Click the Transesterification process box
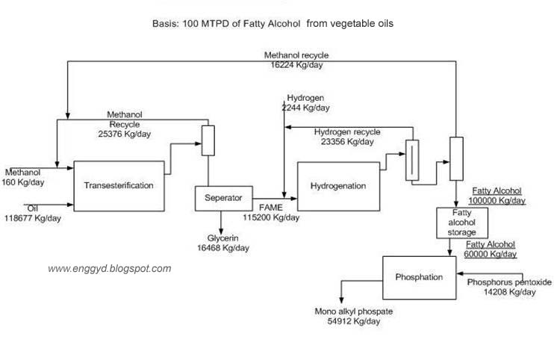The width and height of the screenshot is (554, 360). tap(119, 185)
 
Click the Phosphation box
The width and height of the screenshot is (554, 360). tap(418, 277)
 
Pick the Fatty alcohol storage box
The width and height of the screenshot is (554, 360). tap(461, 222)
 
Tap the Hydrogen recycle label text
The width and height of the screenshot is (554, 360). tap(346, 131)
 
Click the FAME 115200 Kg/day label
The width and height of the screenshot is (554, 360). tap(270, 213)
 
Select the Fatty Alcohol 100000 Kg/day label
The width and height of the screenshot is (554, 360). tap(497, 196)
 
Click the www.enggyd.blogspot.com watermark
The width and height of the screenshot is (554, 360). tap(110, 268)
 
